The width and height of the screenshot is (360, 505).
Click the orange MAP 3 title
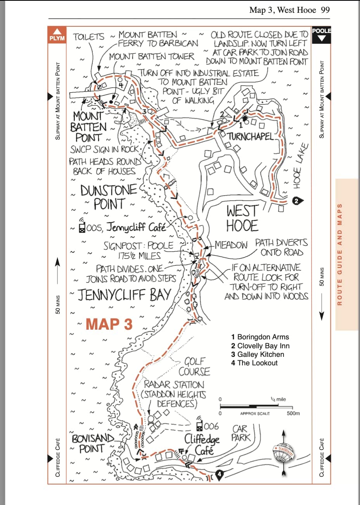109,324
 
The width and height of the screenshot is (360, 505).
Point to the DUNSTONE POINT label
109,197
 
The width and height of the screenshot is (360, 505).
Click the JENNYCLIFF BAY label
124,295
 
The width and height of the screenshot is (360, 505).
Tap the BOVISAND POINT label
92,444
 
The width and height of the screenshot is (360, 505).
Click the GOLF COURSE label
194,367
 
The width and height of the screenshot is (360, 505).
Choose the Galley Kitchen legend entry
258,354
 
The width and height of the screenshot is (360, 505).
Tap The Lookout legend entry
254,363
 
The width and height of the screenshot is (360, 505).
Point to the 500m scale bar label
293,413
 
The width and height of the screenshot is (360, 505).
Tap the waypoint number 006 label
211,426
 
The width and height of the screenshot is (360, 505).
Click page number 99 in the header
325,10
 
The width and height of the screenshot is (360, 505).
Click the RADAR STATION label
174,385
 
